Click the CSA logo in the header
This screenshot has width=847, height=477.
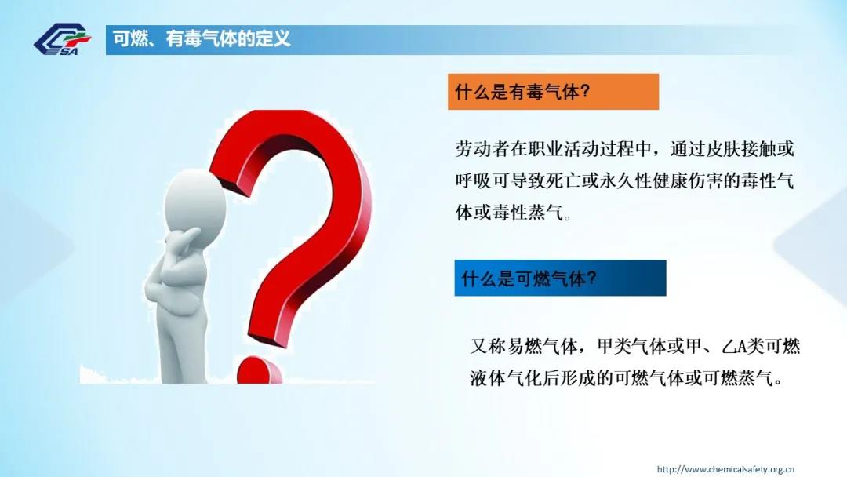63,39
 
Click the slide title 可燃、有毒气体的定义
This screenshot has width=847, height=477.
202,39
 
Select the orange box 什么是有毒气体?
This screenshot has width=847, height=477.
553,92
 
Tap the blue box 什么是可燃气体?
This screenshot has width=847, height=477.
560,278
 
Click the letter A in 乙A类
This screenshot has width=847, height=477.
741,346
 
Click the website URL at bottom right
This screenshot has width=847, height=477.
725,469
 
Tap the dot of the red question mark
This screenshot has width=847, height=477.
260,370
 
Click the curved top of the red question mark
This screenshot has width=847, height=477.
292,129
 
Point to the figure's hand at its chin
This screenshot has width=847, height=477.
183,238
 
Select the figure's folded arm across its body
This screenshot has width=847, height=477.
168,281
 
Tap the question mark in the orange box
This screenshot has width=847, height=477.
584,91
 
